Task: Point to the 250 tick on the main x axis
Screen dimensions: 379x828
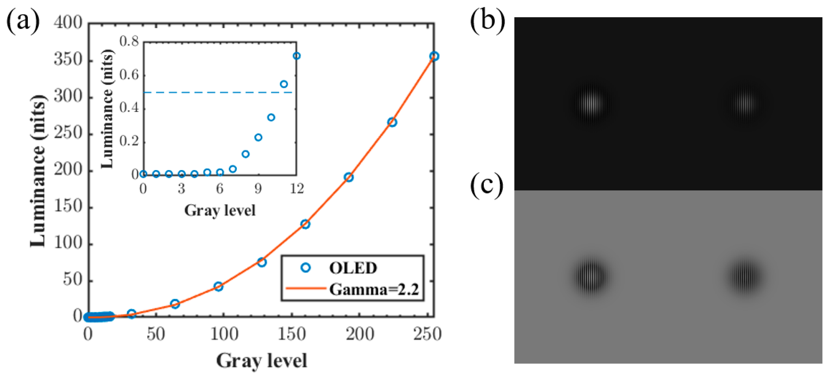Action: [427, 334]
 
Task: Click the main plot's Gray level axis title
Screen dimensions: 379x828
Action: [262, 361]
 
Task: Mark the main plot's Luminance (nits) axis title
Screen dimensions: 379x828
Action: [38, 171]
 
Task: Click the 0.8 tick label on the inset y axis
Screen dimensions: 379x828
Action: [129, 41]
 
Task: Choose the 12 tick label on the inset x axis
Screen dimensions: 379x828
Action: [297, 189]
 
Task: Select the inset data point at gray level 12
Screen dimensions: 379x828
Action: [297, 56]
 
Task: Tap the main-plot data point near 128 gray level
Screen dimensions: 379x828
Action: [262, 262]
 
